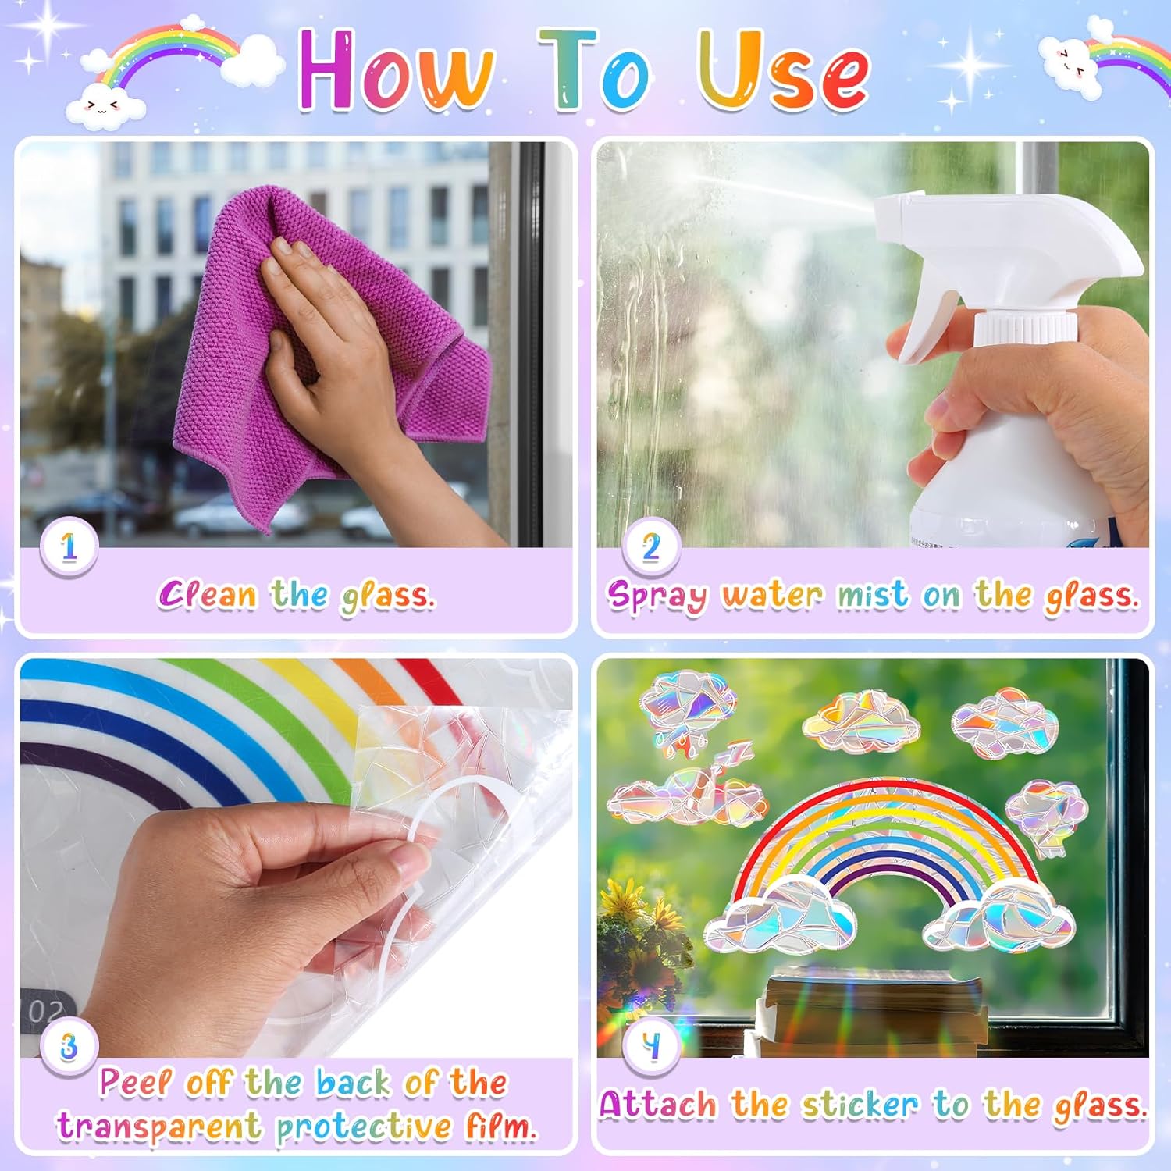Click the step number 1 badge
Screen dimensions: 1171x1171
[x=69, y=546]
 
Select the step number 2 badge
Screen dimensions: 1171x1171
[x=650, y=546]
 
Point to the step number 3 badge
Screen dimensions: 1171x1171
[x=69, y=1046]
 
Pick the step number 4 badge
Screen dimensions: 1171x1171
[x=650, y=1046]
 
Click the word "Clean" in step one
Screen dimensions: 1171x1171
[x=208, y=595]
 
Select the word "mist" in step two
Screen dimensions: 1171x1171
[x=873, y=596]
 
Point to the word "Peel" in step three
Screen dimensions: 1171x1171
[x=135, y=1083]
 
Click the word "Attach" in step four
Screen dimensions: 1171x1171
[x=658, y=1105]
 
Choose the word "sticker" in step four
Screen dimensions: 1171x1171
[x=861, y=1105]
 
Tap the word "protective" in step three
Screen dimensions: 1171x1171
[x=364, y=1127]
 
